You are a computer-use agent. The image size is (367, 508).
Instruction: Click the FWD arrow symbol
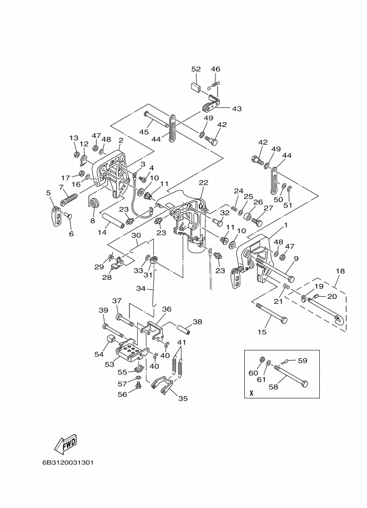point(66,443)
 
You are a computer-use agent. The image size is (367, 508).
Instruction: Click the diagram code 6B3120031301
point(68,462)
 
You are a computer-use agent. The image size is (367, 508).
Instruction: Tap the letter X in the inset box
point(252,393)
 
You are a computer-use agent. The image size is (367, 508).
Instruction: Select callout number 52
point(196,69)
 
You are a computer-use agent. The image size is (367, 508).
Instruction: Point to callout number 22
point(204,183)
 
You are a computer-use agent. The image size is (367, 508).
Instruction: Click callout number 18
point(340,271)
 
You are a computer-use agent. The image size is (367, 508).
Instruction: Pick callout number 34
point(140,288)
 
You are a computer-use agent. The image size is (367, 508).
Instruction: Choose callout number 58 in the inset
point(273,387)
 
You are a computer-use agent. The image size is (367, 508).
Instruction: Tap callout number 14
point(102,232)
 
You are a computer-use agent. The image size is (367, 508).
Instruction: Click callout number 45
point(144,132)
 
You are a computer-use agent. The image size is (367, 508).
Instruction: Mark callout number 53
point(109,364)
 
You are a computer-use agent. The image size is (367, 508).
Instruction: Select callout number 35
point(183,398)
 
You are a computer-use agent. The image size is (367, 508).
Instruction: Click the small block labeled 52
point(195,87)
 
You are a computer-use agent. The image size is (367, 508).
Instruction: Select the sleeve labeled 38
point(183,328)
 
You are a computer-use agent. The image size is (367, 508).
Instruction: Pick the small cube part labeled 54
point(111,340)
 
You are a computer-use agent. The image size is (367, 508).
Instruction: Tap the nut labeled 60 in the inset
point(263,359)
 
